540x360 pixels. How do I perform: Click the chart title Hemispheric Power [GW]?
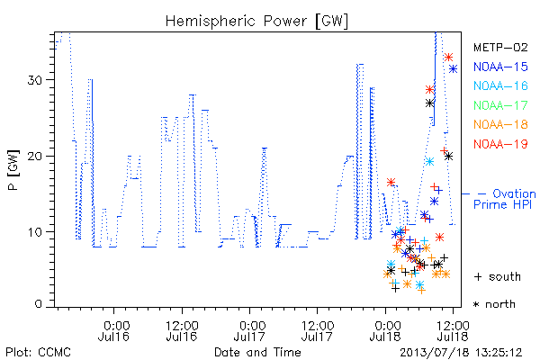click(256, 22)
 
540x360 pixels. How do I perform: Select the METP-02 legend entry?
click(500, 47)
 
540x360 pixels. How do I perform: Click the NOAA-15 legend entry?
click(500, 67)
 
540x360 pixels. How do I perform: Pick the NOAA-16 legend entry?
click(500, 85)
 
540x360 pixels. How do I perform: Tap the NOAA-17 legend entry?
click(500, 105)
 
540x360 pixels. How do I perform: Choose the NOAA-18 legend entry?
click(500, 124)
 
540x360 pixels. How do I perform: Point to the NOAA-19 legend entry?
click(500, 144)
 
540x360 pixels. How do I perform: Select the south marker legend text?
click(498, 276)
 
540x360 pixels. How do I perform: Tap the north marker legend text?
click(495, 304)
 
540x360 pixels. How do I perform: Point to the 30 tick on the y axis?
click(35, 80)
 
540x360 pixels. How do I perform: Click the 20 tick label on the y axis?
click(35, 157)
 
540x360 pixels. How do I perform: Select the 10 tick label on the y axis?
click(35, 232)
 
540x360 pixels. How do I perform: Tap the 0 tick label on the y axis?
click(39, 304)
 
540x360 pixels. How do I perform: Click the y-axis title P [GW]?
click(13, 170)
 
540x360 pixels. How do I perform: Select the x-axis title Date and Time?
click(257, 353)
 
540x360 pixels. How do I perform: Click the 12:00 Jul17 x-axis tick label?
click(317, 330)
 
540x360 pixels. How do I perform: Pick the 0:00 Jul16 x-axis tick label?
click(114, 330)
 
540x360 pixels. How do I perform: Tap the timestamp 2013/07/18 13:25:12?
click(461, 353)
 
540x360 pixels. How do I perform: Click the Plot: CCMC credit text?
click(38, 353)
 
